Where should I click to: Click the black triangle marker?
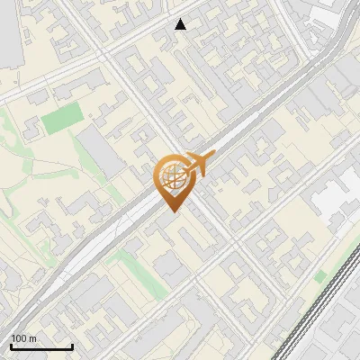pos(181,24)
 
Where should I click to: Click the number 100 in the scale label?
pos(19,339)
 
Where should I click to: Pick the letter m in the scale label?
pos(32,339)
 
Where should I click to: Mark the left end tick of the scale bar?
pos(11,346)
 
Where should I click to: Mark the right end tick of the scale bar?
pos(72,346)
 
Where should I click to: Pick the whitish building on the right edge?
pos(337,198)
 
